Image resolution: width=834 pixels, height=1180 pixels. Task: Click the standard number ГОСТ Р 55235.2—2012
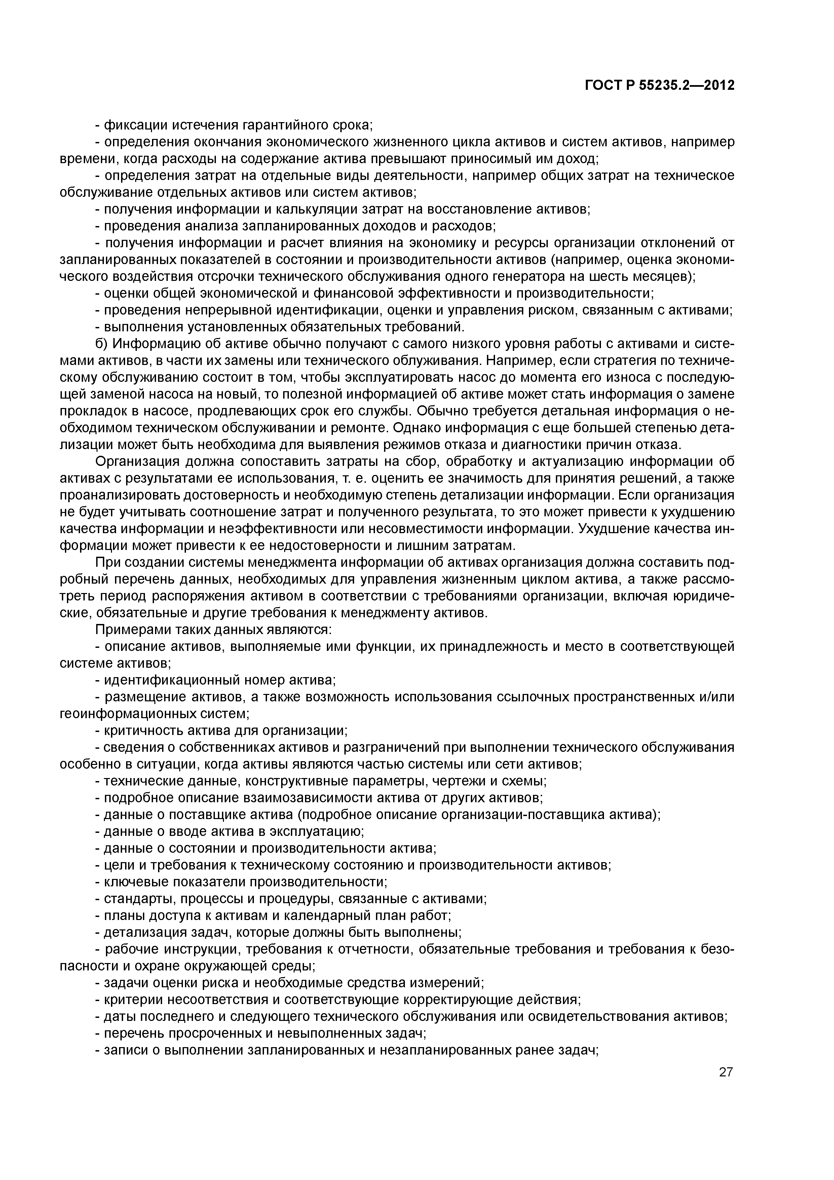(x=659, y=85)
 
